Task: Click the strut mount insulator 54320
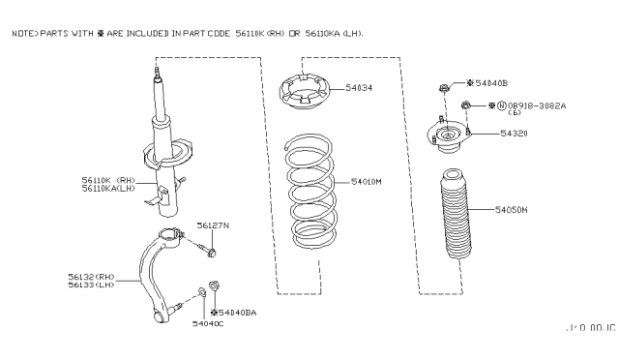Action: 448,137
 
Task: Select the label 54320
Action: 513,135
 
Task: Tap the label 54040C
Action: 207,323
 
